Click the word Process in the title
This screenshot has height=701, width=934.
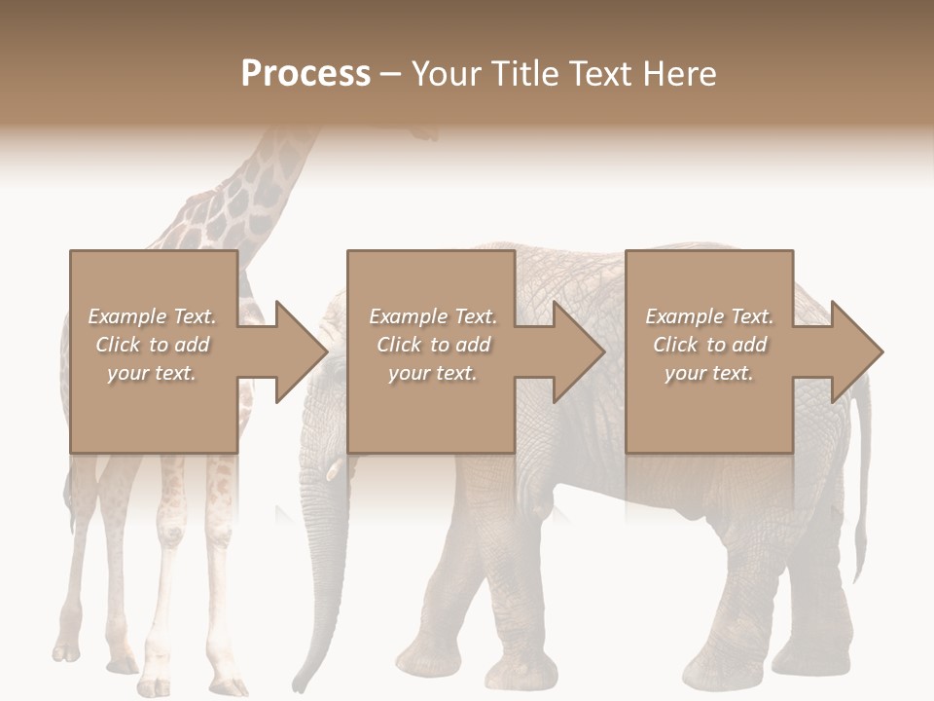pos(305,73)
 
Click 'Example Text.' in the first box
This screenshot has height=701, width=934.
pos(152,316)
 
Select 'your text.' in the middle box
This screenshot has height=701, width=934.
pos(432,373)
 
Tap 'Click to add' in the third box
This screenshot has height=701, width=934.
pos(709,345)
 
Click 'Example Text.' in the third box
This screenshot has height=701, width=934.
pos(709,316)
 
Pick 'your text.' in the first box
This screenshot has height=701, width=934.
pos(152,373)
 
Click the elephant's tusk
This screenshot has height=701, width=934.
pos(333,471)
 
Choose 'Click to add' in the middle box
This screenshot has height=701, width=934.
pos(432,345)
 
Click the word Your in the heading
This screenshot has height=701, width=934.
pos(443,73)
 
